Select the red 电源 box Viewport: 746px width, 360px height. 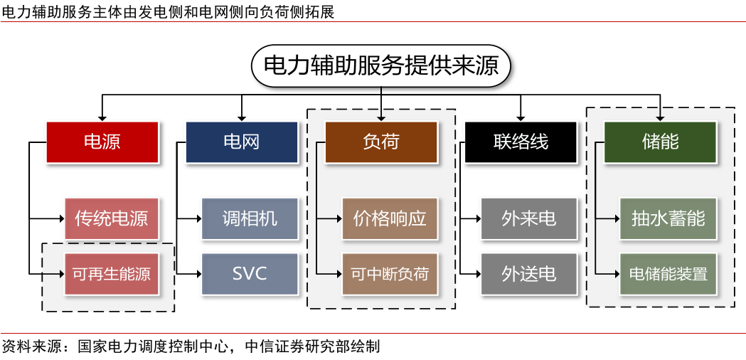tap(102, 142)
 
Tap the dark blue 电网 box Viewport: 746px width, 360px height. tap(241, 142)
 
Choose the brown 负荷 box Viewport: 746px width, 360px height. tap(381, 142)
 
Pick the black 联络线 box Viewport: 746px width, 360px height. tap(521, 142)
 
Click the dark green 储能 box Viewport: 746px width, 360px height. tap(660, 142)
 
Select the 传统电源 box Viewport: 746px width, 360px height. tap(111, 218)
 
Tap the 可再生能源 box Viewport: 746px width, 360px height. tap(111, 273)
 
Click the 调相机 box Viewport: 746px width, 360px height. tap(250, 218)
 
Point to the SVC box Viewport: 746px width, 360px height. tap(250, 273)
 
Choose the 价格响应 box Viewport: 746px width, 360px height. tap(390, 218)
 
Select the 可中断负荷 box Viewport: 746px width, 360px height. tap(390, 273)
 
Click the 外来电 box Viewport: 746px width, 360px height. tap(528, 218)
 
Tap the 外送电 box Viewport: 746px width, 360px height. tap(528, 273)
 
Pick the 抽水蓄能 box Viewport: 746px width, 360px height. tap(668, 218)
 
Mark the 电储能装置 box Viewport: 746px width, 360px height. tap(668, 273)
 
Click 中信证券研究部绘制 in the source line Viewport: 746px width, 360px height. tap(312, 347)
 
